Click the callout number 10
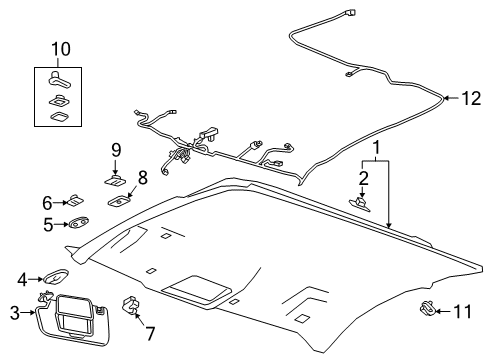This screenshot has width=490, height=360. point(62,48)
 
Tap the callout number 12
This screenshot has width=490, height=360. point(468,97)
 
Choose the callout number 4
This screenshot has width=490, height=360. point(22,278)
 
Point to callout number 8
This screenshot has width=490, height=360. point(142,177)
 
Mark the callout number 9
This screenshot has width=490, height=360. point(115,150)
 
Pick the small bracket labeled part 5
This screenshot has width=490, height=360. point(77,225)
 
